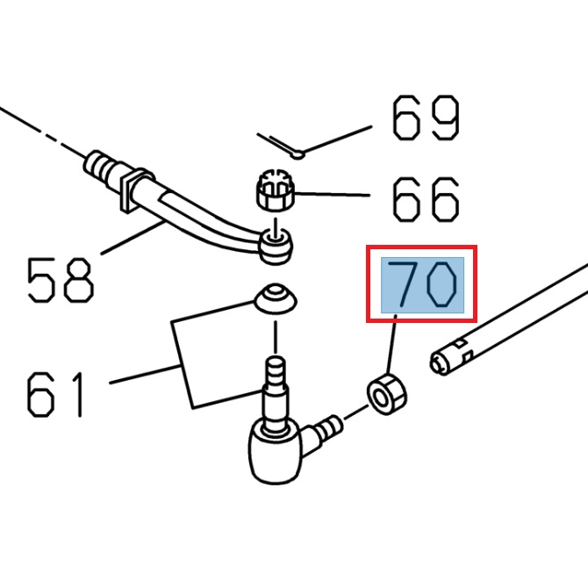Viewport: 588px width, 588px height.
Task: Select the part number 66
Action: [426, 199]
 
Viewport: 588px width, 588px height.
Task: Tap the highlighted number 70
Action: [422, 284]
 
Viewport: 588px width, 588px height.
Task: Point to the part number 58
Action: [60, 280]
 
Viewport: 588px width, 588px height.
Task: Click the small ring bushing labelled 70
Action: [385, 393]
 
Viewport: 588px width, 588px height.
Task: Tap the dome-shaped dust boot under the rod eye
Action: [276, 298]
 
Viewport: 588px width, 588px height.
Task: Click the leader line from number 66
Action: [338, 195]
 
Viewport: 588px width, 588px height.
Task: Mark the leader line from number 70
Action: [392, 345]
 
